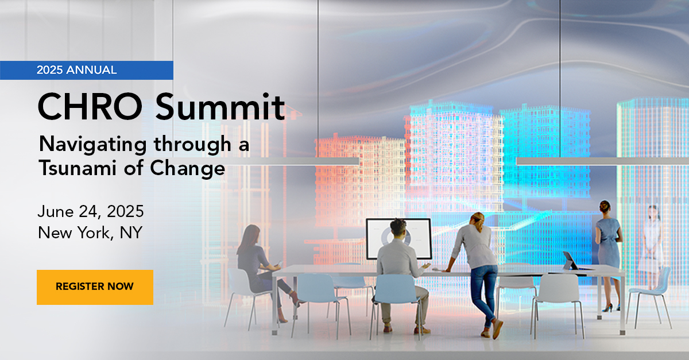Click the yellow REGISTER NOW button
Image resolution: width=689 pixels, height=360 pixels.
(95, 287)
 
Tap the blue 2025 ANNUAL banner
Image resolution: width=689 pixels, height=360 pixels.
(86, 70)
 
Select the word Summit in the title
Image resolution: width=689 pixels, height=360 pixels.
(220, 107)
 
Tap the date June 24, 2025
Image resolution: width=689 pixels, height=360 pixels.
(91, 211)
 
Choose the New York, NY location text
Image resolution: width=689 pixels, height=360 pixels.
(90, 233)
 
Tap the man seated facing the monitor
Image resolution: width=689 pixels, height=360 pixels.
(402, 270)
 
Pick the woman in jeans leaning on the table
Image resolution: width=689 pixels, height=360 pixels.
(479, 264)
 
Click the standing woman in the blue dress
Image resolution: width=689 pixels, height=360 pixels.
(607, 247)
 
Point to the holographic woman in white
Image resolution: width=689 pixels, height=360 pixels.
(652, 241)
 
